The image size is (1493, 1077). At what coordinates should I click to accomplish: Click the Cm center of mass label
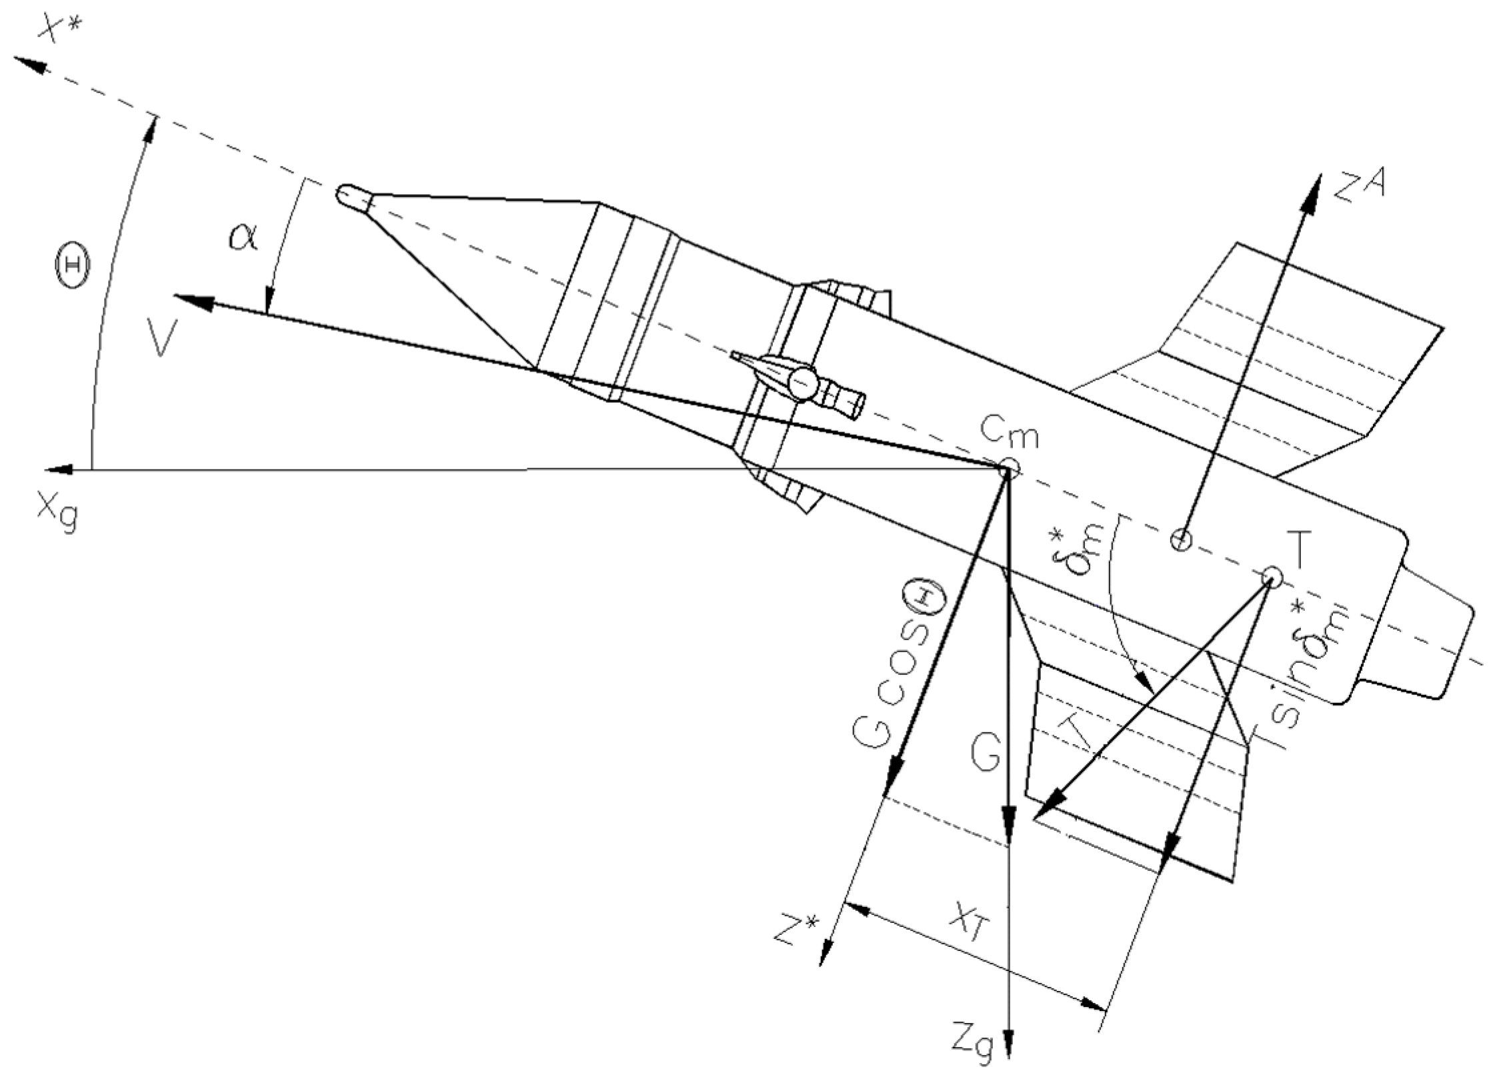(x=1010, y=437)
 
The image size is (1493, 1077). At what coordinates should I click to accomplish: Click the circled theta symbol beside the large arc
(x=73, y=265)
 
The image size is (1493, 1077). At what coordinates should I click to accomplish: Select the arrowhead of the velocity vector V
(x=190, y=301)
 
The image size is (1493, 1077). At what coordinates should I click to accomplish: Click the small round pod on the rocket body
(x=803, y=381)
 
